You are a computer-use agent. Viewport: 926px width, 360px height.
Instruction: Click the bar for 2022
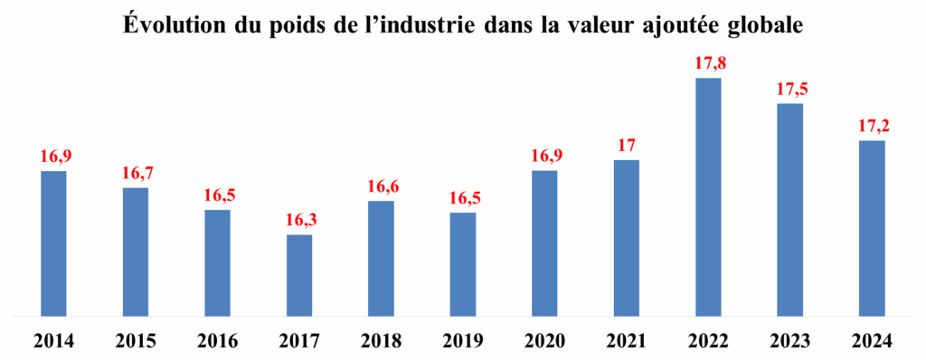(708, 197)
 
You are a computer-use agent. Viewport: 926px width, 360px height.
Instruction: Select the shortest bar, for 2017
(299, 276)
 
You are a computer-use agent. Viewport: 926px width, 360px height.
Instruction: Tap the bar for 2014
(54, 243)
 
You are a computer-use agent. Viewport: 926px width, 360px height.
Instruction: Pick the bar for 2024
(871, 229)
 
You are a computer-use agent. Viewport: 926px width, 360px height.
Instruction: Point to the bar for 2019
(462, 265)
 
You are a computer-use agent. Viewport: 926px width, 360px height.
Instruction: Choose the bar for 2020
(544, 243)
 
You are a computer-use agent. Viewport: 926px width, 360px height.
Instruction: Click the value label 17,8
(708, 64)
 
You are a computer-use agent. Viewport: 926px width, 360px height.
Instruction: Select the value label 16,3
(299, 220)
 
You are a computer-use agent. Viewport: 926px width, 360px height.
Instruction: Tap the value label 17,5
(789, 90)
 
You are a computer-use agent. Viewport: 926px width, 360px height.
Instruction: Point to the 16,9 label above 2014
(54, 156)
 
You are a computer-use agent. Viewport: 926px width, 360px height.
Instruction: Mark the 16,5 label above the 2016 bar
(218, 195)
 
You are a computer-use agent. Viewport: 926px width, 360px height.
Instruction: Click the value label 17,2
(871, 126)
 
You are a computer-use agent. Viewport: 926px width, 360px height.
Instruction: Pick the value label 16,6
(381, 186)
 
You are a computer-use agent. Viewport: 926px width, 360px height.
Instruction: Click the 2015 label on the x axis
(136, 341)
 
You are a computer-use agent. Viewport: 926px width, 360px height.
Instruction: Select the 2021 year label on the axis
(626, 341)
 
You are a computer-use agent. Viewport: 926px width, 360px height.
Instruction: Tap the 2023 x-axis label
(789, 341)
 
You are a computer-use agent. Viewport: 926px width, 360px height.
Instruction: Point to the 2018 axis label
(381, 341)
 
